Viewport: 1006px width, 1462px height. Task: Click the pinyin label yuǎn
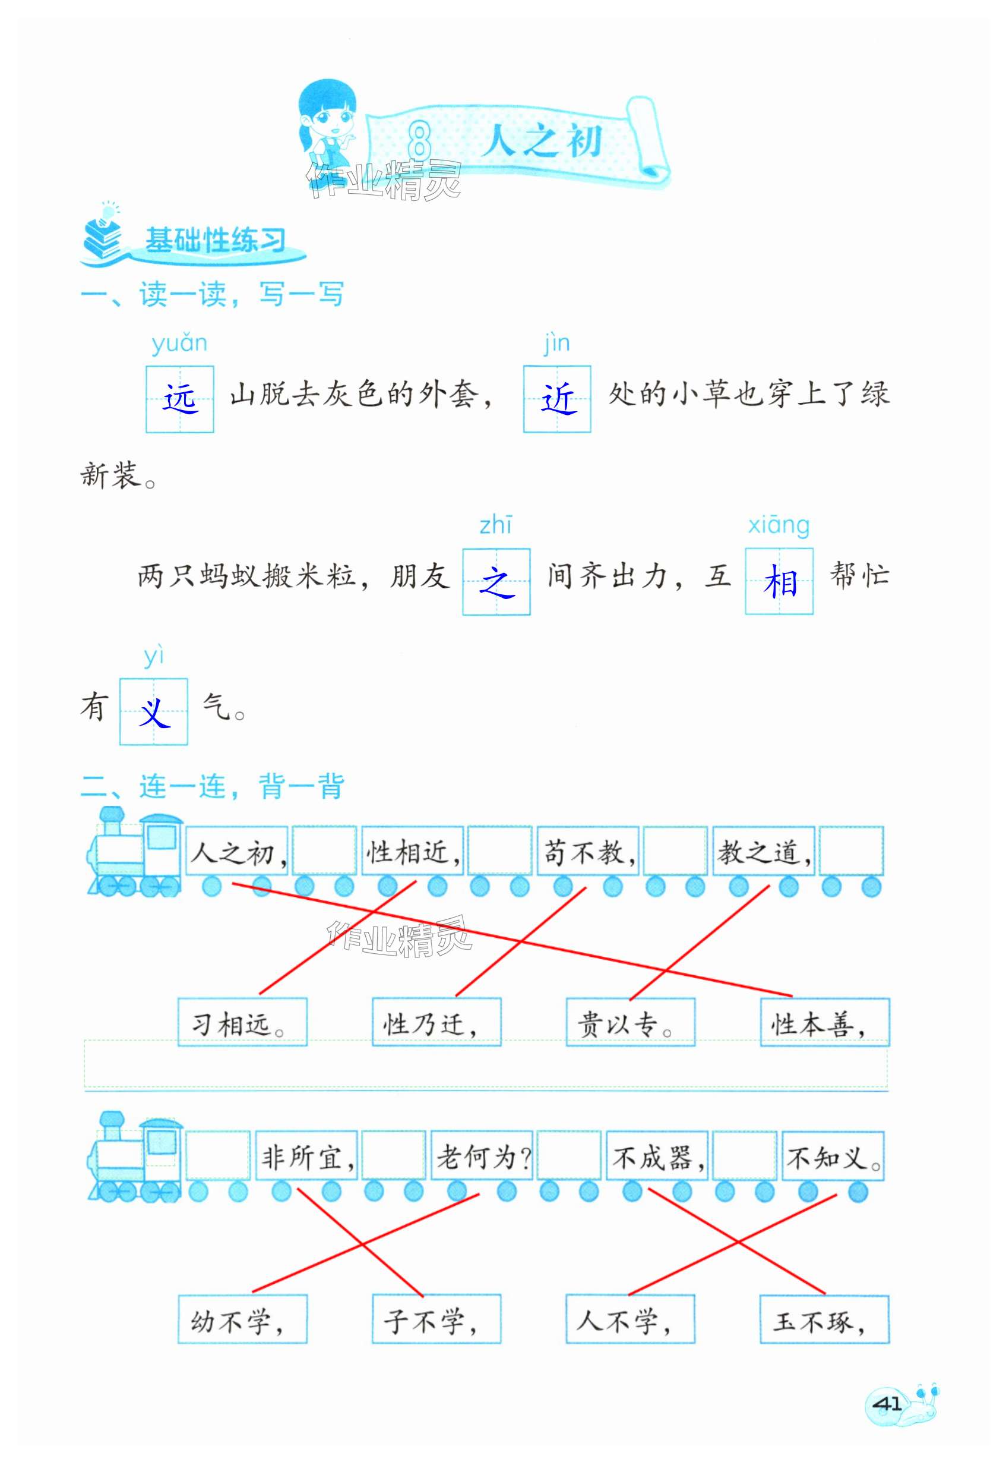tap(179, 344)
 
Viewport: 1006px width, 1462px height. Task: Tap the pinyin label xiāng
tap(779, 525)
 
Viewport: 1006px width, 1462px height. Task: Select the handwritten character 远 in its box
tap(181, 399)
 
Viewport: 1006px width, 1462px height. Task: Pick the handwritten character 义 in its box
tap(154, 712)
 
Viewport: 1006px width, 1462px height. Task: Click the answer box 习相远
tap(242, 1023)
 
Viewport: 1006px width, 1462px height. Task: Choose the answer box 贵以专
tap(630, 1023)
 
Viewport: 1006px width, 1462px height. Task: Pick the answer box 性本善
tap(824, 1023)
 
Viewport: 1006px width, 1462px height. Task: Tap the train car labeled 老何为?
tap(482, 1157)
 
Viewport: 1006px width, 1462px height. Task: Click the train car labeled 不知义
tap(833, 1157)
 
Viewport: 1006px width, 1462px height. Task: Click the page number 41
tap(887, 1404)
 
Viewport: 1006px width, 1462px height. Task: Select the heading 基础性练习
tap(215, 240)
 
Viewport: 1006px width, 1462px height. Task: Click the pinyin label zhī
tap(496, 525)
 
